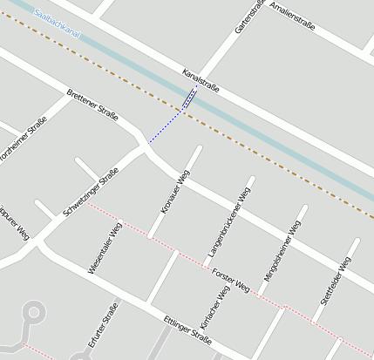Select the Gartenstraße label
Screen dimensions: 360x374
tap(248, 17)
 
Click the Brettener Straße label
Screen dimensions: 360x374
tap(92, 105)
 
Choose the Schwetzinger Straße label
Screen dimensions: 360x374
tap(91, 194)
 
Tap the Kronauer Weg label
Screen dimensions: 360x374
tap(175, 193)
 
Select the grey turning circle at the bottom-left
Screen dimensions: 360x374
tap(34, 310)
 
